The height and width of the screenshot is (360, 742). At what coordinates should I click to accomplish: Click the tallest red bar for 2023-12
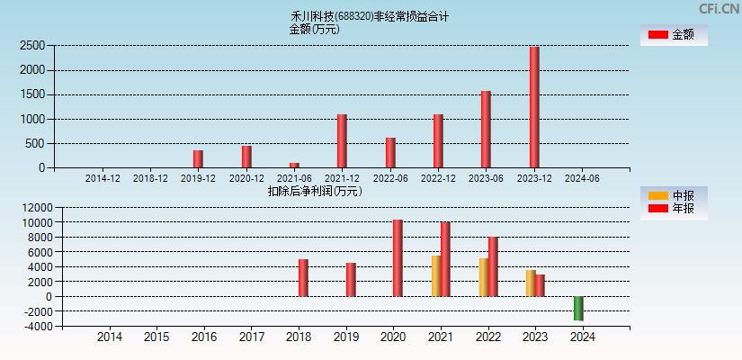[x=534, y=107]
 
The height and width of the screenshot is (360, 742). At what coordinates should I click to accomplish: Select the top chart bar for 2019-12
[x=198, y=158]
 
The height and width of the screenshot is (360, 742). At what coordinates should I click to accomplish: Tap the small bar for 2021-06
[x=294, y=165]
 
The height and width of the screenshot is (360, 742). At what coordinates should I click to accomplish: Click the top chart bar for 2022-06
[x=390, y=152]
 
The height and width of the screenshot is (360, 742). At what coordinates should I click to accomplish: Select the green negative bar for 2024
[x=578, y=309]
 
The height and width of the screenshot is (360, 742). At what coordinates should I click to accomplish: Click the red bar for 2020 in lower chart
[x=398, y=258]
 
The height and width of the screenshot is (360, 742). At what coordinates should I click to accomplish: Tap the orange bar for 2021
[x=436, y=276]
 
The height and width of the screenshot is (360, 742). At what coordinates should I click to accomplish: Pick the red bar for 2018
[x=303, y=278]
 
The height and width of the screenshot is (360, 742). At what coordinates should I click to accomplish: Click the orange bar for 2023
[x=531, y=283]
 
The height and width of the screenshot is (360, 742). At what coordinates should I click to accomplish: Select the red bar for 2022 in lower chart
[x=493, y=266]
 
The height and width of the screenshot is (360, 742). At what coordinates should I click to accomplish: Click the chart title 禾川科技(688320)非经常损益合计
[x=369, y=16]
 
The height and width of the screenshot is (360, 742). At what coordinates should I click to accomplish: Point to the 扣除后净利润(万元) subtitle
[x=315, y=191]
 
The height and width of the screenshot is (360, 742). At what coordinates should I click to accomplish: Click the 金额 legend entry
[x=674, y=34]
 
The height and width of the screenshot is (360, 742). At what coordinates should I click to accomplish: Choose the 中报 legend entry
[x=674, y=195]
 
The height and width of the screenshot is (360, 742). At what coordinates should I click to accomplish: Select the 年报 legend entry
[x=674, y=209]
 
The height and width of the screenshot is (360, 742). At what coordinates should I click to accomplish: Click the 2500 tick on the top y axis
[x=32, y=45]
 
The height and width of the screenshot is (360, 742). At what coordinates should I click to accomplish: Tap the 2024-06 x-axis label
[x=581, y=178]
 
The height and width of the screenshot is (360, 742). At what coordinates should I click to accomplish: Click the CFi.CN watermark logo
[x=719, y=9]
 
